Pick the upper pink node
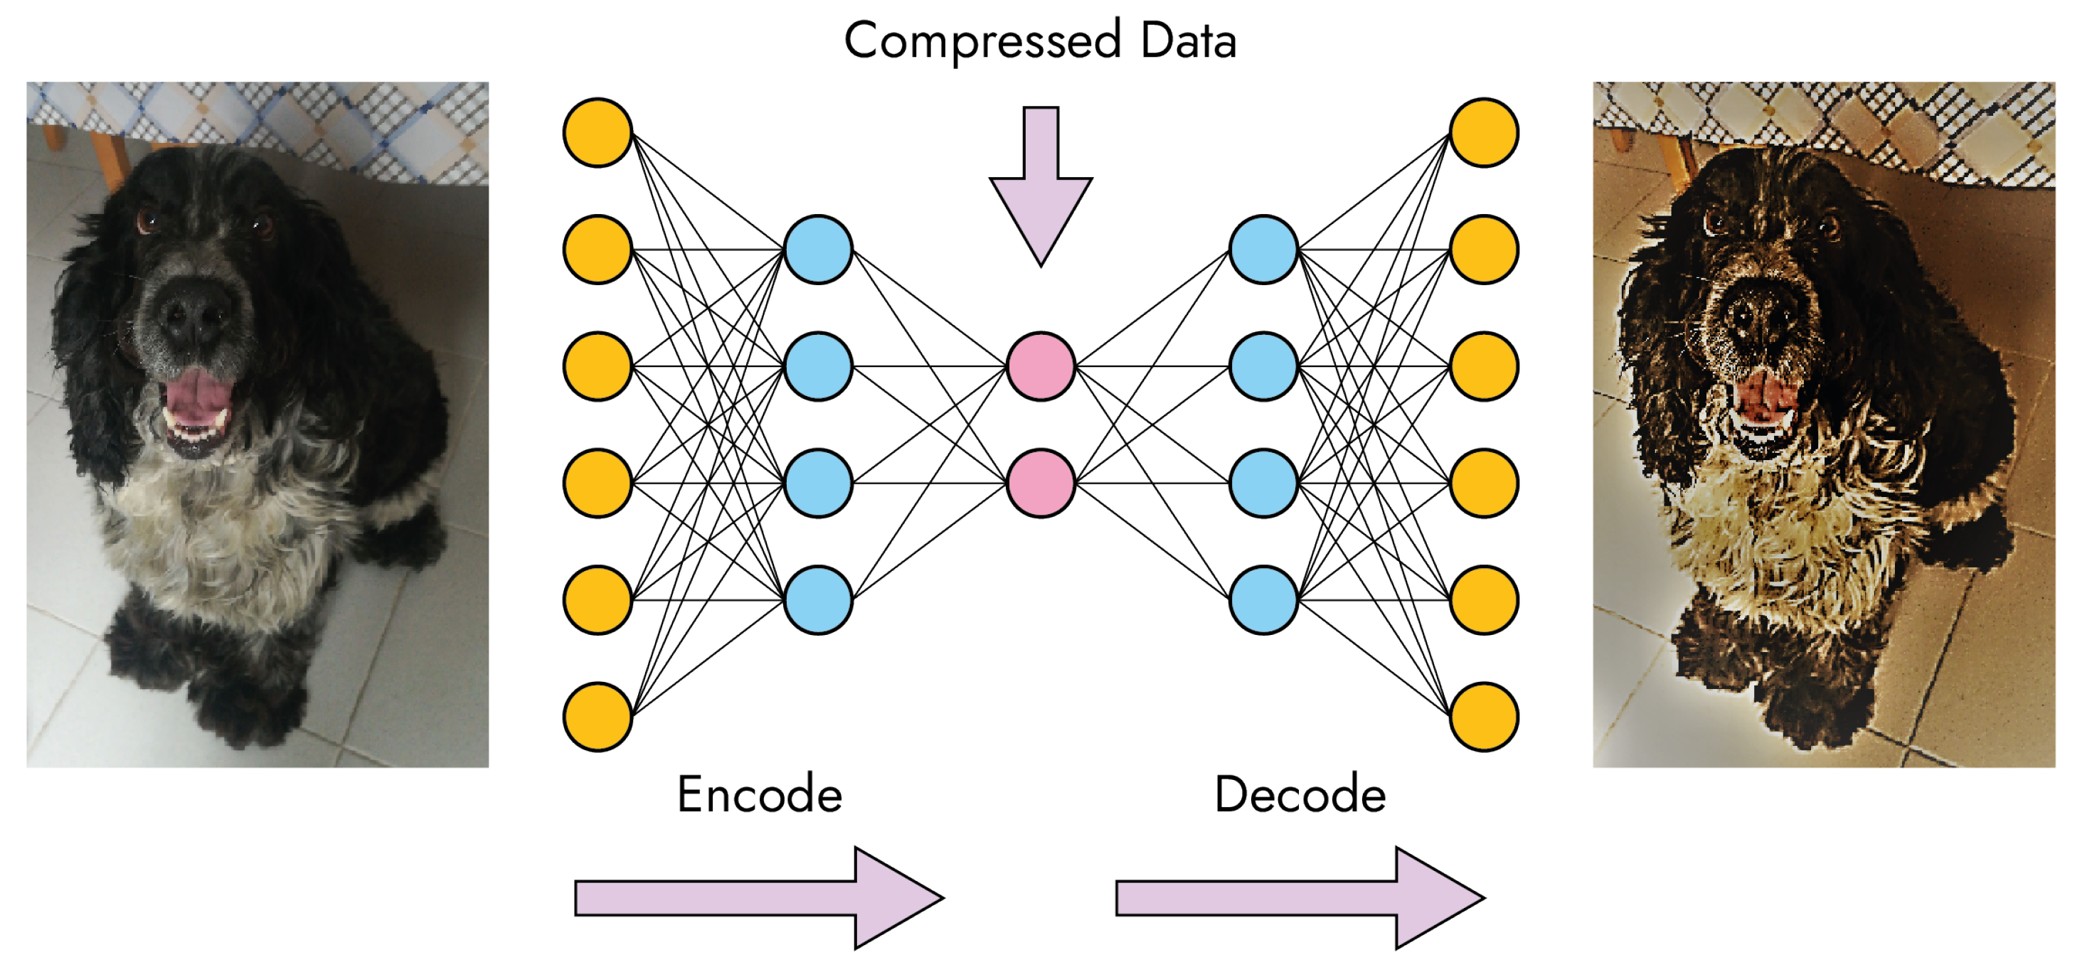(1040, 366)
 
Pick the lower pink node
(1040, 483)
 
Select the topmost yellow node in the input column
(597, 133)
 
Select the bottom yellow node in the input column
(597, 717)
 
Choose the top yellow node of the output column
(1483, 133)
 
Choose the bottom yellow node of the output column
(1483, 717)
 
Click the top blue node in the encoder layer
(818, 250)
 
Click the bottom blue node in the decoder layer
(1263, 600)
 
